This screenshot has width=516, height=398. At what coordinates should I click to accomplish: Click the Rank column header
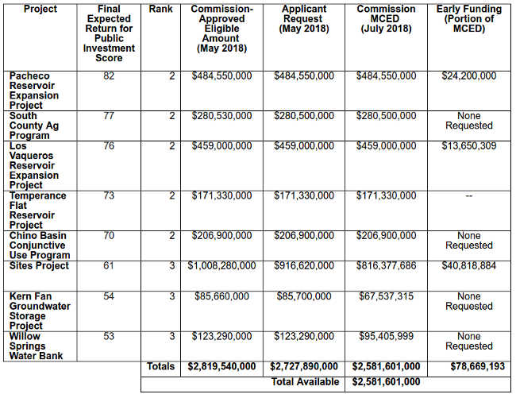160,10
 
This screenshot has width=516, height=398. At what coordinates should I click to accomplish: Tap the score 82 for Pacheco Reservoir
110,76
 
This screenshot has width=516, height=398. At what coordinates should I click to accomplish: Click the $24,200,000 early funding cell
468,76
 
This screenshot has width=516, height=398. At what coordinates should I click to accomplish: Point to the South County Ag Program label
34,126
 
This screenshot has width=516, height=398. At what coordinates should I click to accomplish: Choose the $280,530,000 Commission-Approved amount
221,116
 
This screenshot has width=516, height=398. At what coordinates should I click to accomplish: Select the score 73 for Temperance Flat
110,195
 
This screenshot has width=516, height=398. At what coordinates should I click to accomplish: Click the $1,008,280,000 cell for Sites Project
221,265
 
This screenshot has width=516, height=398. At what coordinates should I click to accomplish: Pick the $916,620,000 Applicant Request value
304,265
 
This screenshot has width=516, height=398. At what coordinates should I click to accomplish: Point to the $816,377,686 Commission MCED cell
386,265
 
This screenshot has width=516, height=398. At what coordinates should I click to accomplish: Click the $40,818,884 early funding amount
468,265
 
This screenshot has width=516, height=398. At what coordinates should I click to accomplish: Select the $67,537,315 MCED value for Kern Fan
386,296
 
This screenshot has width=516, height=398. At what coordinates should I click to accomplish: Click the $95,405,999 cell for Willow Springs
386,336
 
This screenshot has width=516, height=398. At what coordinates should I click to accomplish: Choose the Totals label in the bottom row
160,366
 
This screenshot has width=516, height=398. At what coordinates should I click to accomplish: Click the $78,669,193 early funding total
468,366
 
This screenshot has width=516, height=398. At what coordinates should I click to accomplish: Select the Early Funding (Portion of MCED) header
468,19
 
